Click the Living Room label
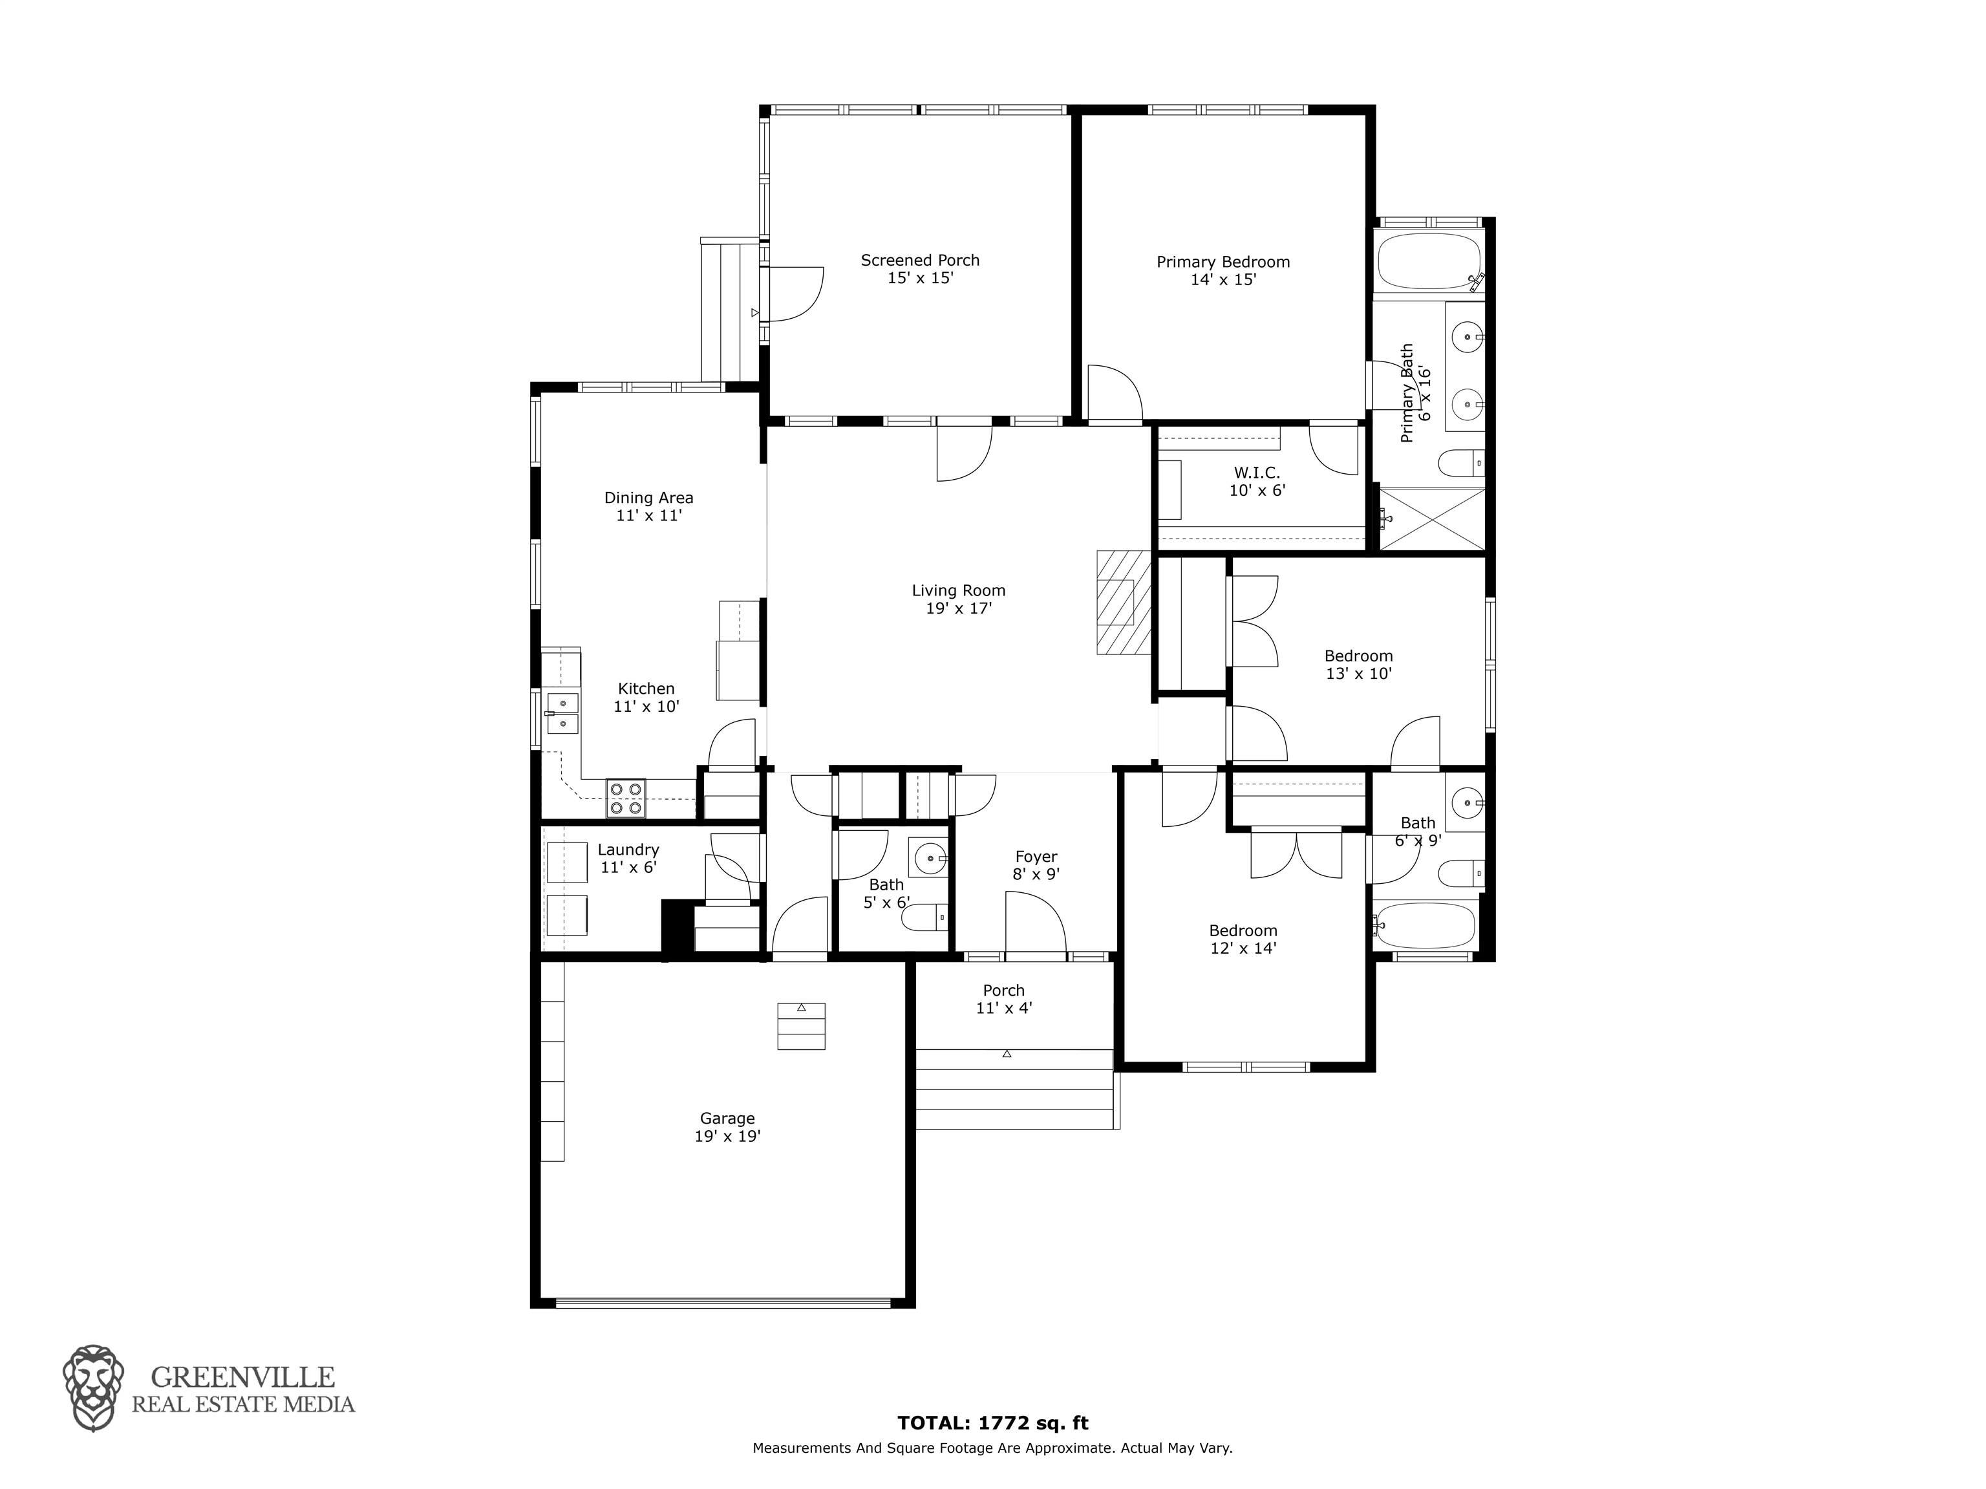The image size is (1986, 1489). point(959,599)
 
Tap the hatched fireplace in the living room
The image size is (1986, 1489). point(1123,603)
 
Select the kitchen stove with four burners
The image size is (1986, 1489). point(626,797)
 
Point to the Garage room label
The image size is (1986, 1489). point(727,1127)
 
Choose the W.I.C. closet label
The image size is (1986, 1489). point(1257,482)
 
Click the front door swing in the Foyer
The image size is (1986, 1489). point(1035,921)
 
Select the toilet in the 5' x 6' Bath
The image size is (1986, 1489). point(924,917)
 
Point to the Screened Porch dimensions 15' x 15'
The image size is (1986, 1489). point(921,279)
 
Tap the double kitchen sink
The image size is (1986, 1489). point(562,713)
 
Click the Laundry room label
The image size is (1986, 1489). point(628,859)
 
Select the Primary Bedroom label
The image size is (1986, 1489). point(1223,270)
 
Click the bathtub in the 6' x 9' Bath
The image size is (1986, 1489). point(1425,926)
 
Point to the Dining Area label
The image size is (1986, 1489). point(648,506)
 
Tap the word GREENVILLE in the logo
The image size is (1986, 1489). point(242,1378)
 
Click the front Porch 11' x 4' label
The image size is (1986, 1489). point(1004,999)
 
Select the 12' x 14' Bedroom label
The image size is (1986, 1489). point(1243,939)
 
